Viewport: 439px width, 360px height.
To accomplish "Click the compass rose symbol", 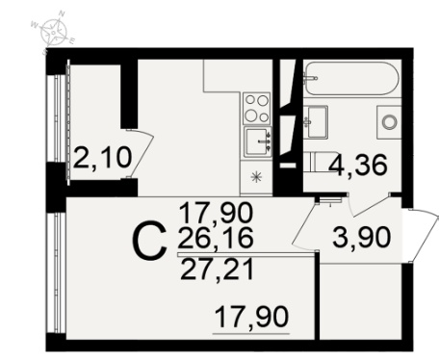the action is pos(53,32).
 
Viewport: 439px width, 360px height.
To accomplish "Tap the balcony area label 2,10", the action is pos(102,158).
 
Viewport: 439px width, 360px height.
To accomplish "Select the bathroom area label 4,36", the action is pos(358,166).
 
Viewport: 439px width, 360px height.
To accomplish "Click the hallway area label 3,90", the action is pos(362,237).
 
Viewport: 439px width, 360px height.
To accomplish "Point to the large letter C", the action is pos(149,242).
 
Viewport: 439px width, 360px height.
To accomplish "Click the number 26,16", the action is pos(216,238).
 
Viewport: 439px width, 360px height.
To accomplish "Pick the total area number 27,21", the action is pos(218,270).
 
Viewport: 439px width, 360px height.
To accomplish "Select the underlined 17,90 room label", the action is pos(251,317).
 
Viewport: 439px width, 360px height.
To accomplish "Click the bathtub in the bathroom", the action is pos(351,78).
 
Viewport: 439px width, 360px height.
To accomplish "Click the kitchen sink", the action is pos(257,141).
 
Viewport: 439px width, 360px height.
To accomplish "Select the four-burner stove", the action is pos(256,108).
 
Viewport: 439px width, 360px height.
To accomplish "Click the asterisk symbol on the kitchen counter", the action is pos(256,177).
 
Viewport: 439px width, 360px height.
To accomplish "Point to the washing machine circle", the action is pos(390,121).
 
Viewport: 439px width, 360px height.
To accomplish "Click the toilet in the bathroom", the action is pos(320,163).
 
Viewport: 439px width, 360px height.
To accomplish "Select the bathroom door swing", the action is pos(369,205).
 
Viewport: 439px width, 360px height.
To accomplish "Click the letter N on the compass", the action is pos(62,13).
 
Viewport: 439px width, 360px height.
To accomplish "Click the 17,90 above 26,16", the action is pos(216,214).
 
